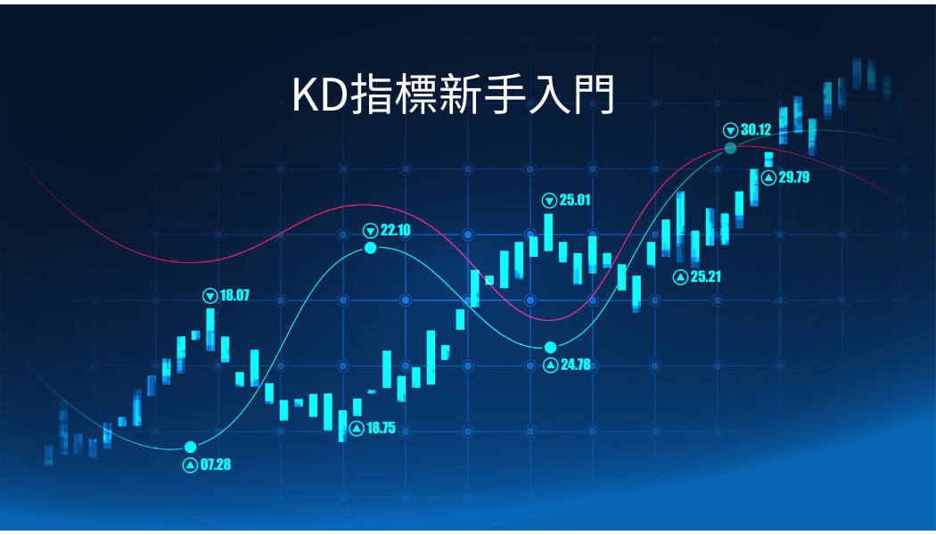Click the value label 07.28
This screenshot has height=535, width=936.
pyautogui.click(x=216, y=465)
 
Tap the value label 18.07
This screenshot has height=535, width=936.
pyautogui.click(x=234, y=295)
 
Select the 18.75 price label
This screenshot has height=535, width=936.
pyautogui.click(x=381, y=428)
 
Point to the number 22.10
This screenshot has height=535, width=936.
pyautogui.click(x=396, y=230)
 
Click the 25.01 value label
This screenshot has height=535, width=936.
pyautogui.click(x=575, y=200)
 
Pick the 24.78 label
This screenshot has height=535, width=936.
pyautogui.click(x=576, y=364)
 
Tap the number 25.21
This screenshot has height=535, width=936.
pyautogui.click(x=706, y=276)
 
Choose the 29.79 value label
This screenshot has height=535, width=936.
pyautogui.click(x=794, y=177)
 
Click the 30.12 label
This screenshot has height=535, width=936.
pyautogui.click(x=756, y=129)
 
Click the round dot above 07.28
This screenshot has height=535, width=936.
pyautogui.click(x=191, y=448)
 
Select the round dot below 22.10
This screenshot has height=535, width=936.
pyautogui.click(x=371, y=248)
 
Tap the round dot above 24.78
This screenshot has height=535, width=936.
pyautogui.click(x=550, y=348)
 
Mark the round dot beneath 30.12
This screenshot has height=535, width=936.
pyautogui.click(x=730, y=148)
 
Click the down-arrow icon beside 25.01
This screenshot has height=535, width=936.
pyautogui.click(x=549, y=201)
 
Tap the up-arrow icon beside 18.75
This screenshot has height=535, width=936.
pyautogui.click(x=357, y=428)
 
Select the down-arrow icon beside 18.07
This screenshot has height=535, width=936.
pyautogui.click(x=210, y=295)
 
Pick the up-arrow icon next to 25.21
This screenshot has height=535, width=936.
pyautogui.click(x=680, y=277)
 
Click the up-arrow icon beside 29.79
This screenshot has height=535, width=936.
pyautogui.click(x=768, y=177)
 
